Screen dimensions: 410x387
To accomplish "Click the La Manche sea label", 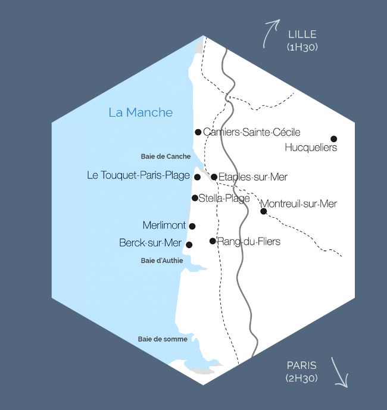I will tap(141, 112).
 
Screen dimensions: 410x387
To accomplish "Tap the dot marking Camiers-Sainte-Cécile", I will tap(198, 132).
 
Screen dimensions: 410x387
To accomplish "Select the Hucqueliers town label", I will tap(311, 148).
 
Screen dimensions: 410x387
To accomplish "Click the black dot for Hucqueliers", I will tap(334, 139).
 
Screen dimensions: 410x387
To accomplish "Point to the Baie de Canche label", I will tap(166, 157).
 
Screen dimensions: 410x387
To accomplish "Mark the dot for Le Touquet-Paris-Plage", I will tap(197, 177).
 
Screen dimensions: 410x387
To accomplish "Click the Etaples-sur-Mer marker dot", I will tap(214, 177).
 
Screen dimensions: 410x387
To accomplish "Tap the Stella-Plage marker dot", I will tap(195, 198).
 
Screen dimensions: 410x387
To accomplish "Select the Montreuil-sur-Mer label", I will tap(298, 204).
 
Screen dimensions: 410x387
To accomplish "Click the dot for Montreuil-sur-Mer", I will tap(263, 211).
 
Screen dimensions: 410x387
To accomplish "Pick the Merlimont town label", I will tap(164, 226).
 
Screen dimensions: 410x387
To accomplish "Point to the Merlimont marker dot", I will tap(192, 226).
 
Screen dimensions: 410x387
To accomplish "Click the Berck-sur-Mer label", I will tap(150, 243).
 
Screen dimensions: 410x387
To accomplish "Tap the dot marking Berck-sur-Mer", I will tap(189, 245).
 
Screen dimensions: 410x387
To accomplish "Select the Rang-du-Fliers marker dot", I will tap(213, 241).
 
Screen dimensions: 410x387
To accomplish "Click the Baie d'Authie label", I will tap(162, 260).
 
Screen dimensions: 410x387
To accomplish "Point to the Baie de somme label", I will tap(163, 339).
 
